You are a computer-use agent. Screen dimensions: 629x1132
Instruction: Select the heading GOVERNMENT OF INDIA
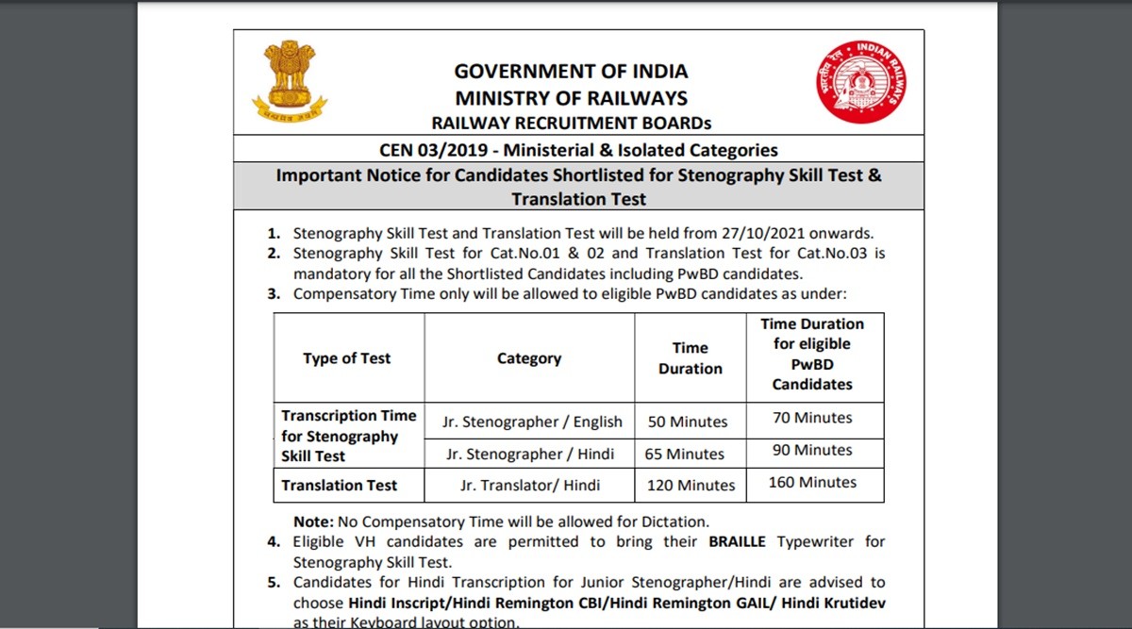point(571,72)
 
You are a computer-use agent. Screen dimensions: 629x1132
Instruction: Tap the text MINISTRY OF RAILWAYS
point(571,98)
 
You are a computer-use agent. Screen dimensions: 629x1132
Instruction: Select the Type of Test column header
point(346,358)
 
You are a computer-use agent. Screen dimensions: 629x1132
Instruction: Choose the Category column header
point(529,358)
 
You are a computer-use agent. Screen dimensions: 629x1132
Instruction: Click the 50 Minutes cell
point(688,422)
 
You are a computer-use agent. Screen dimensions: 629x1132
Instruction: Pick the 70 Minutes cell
point(812,418)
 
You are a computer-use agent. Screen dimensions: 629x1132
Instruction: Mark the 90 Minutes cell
point(812,450)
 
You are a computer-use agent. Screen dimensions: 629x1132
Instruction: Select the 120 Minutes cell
point(691,486)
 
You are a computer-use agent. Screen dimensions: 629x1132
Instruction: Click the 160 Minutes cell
point(812,482)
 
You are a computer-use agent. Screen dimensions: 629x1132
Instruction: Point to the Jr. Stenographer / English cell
point(532,422)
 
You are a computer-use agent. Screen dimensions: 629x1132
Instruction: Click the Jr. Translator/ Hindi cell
point(530,486)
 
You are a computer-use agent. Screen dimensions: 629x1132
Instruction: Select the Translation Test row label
point(340,486)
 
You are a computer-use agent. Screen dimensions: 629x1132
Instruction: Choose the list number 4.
point(273,542)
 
